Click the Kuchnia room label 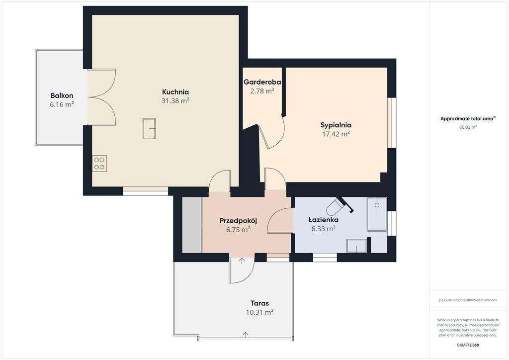click(x=175, y=92)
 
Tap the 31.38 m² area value click(x=175, y=101)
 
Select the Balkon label click(x=62, y=95)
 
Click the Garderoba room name click(x=262, y=82)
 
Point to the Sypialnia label click(x=336, y=125)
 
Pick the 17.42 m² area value click(x=336, y=134)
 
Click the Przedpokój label click(x=238, y=221)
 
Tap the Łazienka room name click(x=323, y=220)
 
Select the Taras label click(x=259, y=303)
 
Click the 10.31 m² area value click(x=259, y=312)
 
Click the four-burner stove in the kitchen click(x=99, y=163)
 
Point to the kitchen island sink click(x=149, y=129)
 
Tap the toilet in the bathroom click(x=335, y=207)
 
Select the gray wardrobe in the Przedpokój click(x=192, y=225)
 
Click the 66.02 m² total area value click(x=468, y=127)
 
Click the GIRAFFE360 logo click(x=468, y=345)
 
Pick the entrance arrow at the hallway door click(x=242, y=261)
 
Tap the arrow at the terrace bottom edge click(x=246, y=335)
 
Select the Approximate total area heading click(x=468, y=118)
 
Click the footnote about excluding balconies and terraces click(x=468, y=300)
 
